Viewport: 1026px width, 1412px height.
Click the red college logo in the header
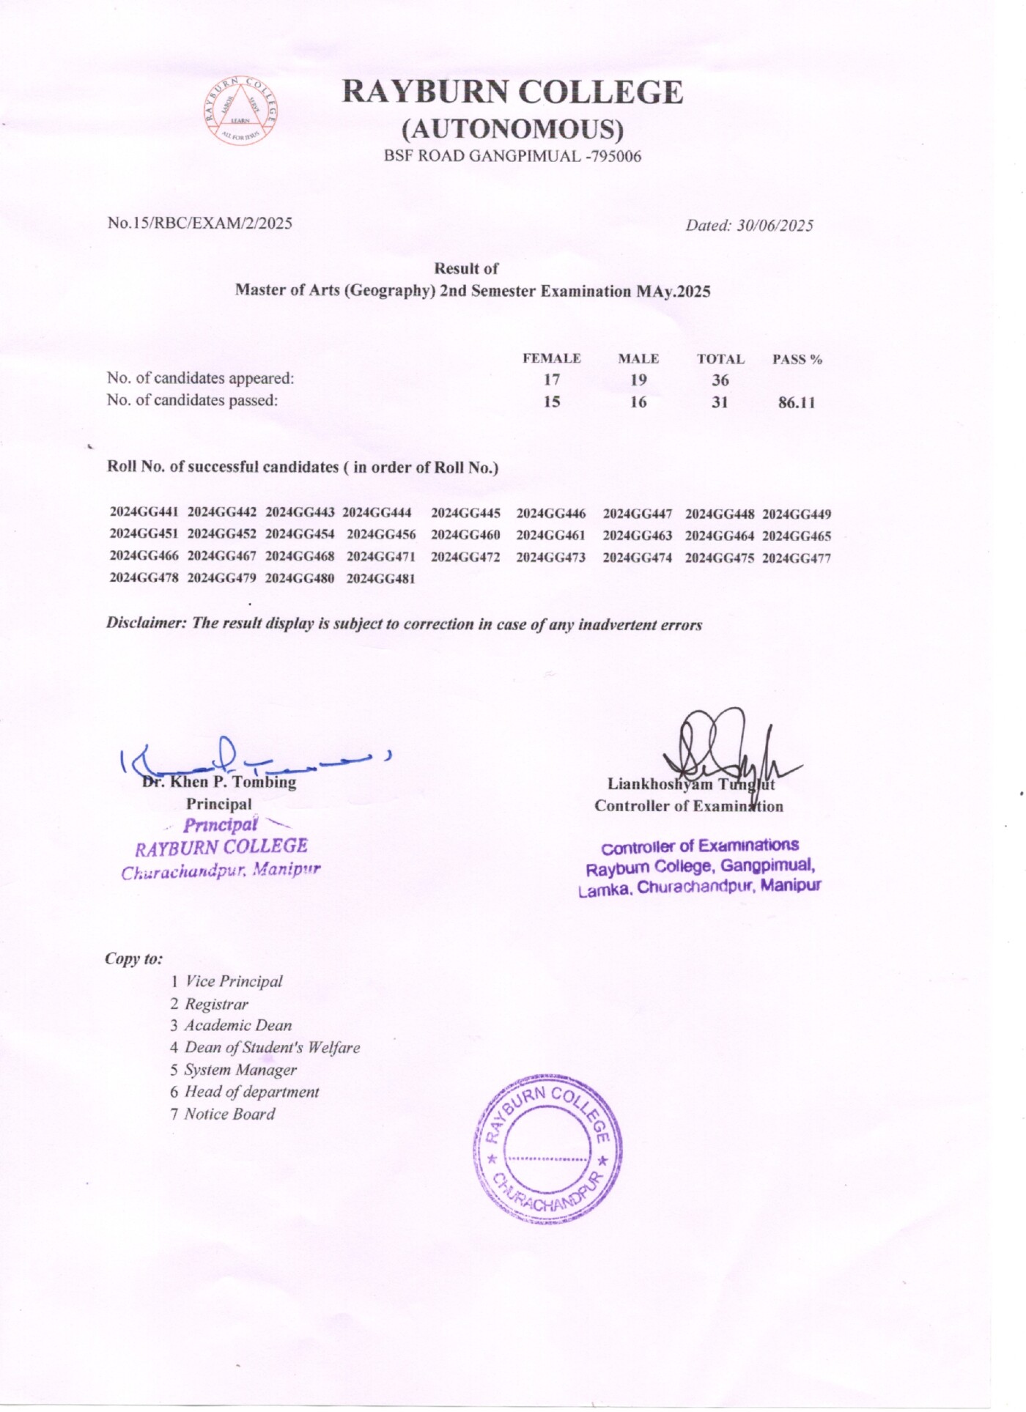click(240, 111)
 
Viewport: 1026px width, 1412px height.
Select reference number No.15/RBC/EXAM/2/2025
click(200, 223)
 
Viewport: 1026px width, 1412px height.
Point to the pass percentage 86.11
click(796, 402)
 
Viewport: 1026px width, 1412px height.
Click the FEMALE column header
click(551, 358)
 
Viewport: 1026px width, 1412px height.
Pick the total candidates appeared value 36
click(720, 380)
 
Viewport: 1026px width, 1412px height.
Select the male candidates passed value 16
click(638, 402)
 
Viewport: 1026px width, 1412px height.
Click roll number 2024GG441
click(144, 512)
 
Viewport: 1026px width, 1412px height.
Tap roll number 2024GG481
click(381, 578)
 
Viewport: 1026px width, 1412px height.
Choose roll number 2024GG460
click(465, 535)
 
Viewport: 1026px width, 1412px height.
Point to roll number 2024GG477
click(797, 558)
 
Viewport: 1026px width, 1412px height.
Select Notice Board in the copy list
click(229, 1114)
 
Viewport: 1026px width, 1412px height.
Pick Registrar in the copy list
click(216, 1004)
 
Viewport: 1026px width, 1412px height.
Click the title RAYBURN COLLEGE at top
click(512, 92)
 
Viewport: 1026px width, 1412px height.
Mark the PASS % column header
click(797, 359)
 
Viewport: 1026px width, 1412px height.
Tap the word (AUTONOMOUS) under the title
click(512, 129)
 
